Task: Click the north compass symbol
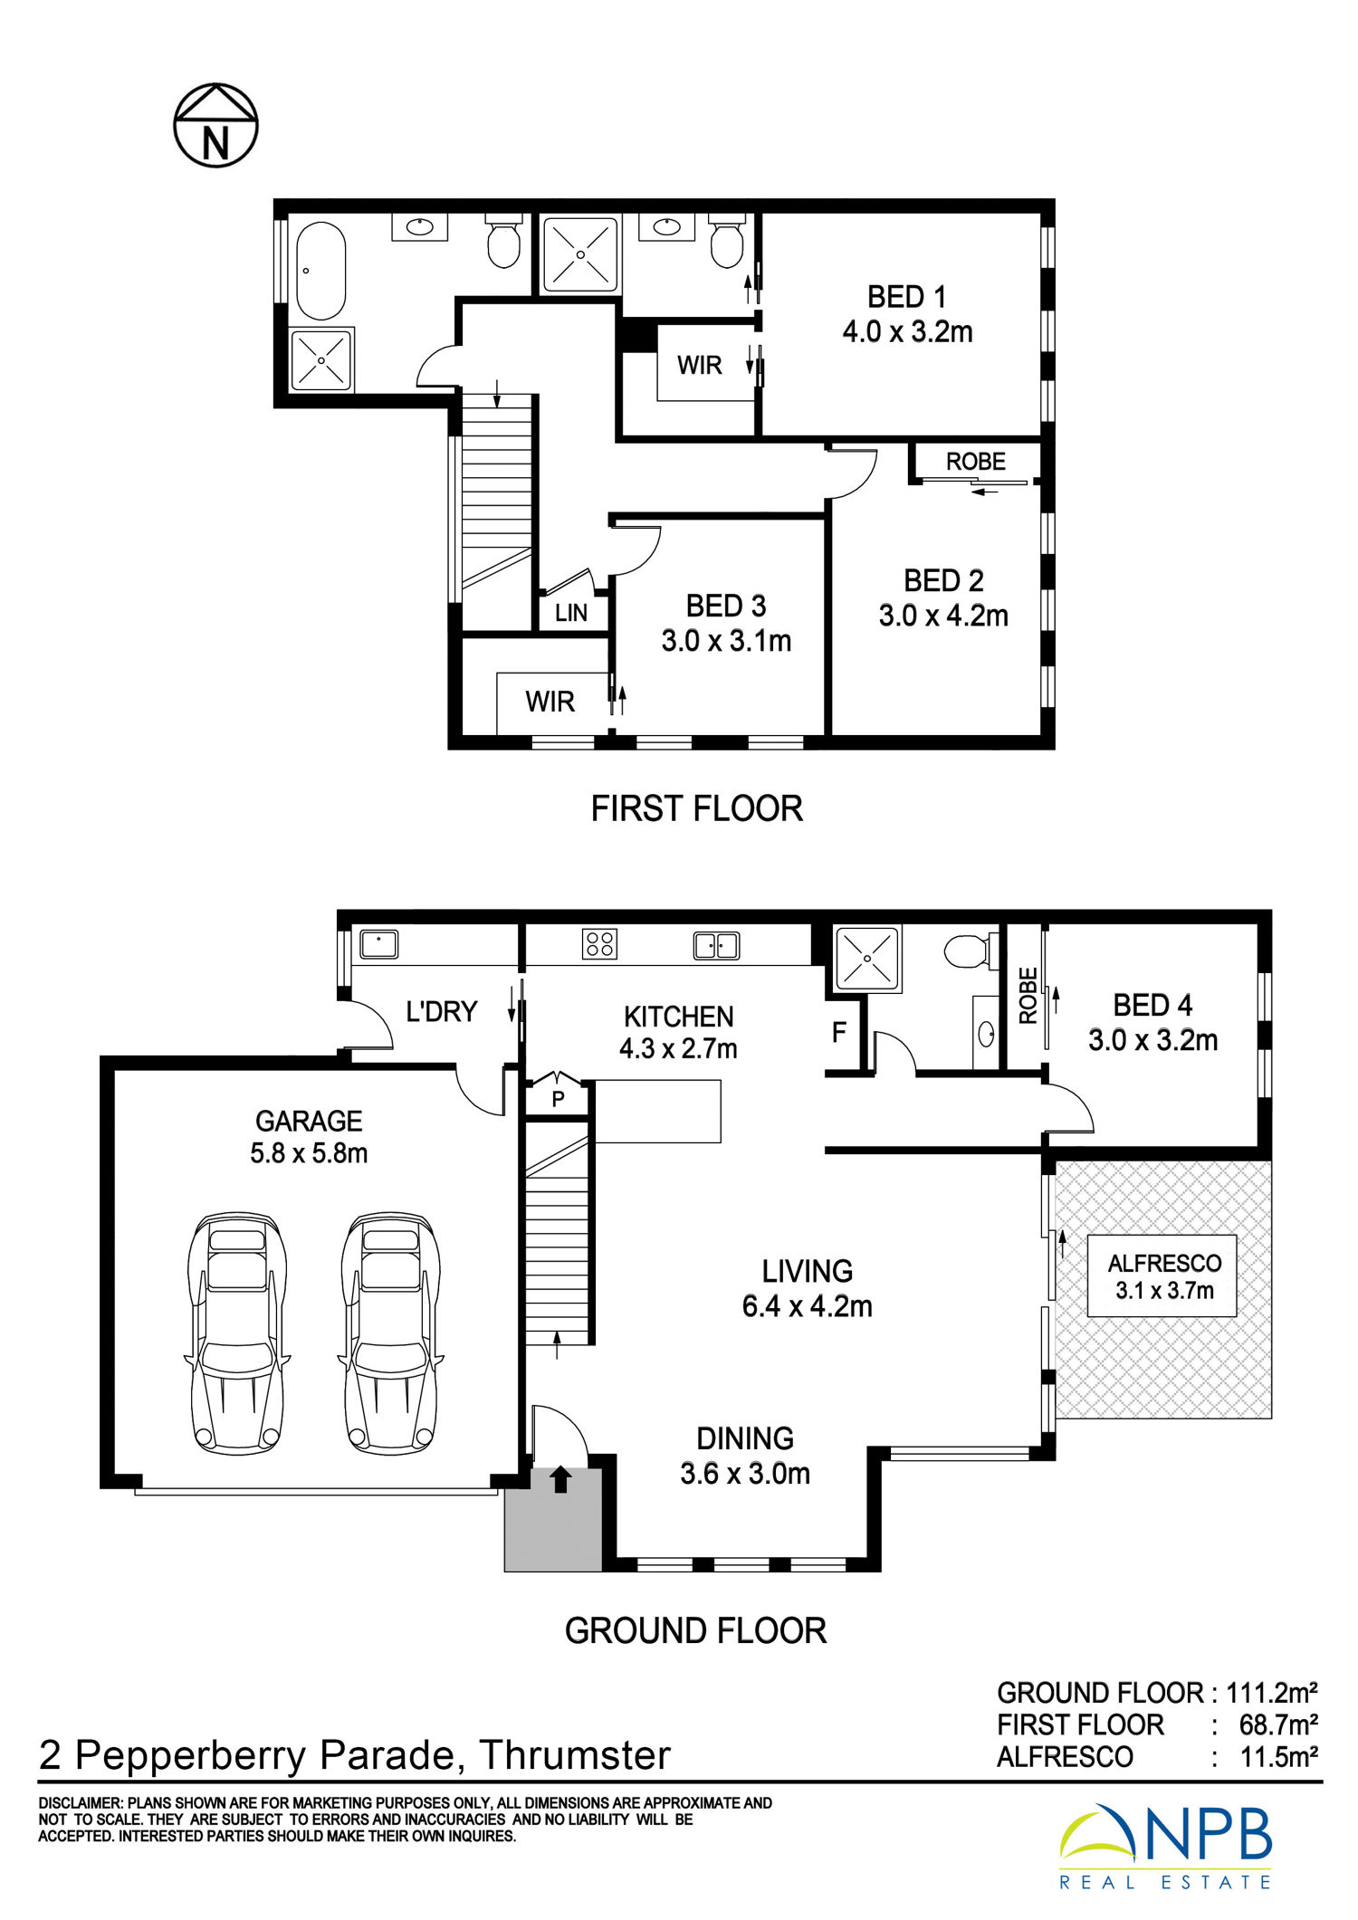215,126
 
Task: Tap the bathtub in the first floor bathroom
321,271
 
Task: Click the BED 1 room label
907,297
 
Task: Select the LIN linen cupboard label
571,613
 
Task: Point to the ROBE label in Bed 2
976,462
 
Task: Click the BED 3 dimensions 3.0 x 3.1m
726,641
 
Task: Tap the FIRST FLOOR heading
696,808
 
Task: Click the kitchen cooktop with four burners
599,944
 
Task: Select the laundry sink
378,944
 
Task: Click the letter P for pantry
559,1099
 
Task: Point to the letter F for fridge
839,1032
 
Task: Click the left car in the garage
238,1333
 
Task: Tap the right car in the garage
391,1333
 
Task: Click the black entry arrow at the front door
560,1479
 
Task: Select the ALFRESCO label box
1162,1276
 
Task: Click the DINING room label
745,1438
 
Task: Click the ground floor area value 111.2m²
1271,1692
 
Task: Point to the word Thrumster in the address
575,1755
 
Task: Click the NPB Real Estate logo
1166,1847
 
